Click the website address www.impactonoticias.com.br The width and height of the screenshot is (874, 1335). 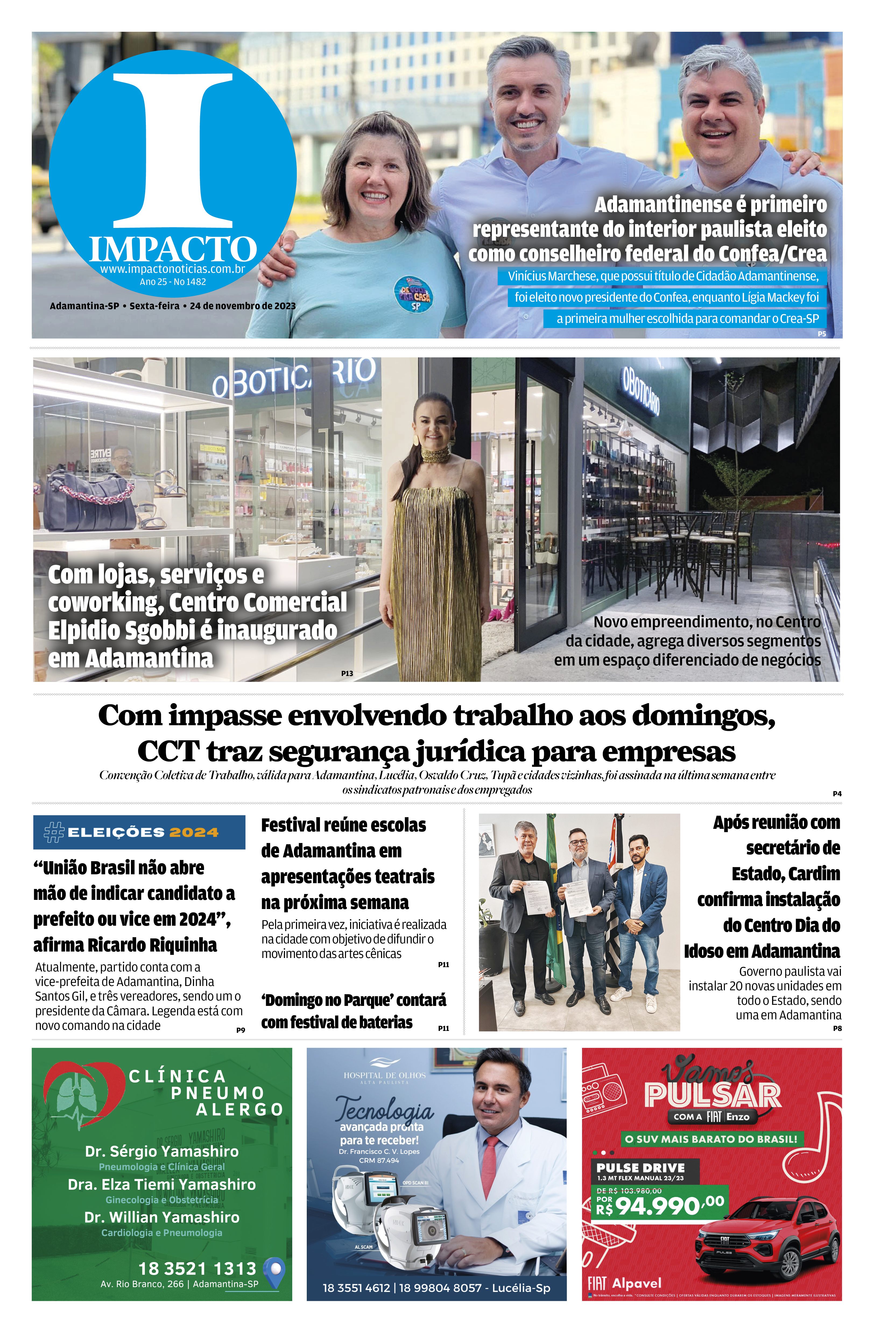click(173, 269)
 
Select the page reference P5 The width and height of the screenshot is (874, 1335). click(821, 334)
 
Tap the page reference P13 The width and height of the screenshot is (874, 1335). click(347, 673)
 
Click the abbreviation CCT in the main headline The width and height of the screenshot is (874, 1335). click(168, 752)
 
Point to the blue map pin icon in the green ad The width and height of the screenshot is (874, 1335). click(274, 1270)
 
